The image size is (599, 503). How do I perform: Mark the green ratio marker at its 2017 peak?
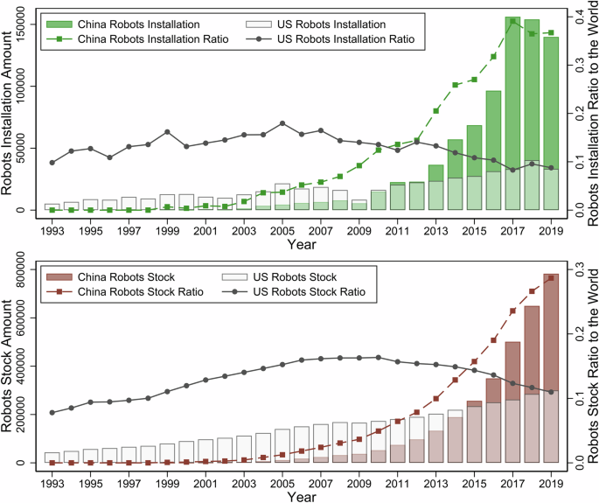tap(512, 20)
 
